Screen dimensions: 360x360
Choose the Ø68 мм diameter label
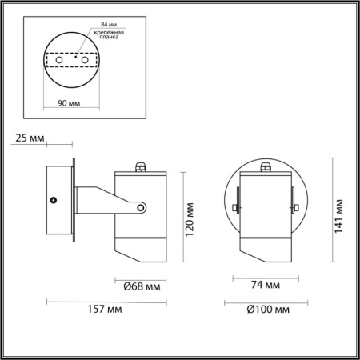click(x=141, y=284)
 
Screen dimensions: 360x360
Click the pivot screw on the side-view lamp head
click(x=141, y=209)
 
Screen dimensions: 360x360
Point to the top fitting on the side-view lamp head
click(x=141, y=167)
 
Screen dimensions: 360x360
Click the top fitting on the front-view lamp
click(x=266, y=166)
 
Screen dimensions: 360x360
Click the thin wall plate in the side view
click(x=74, y=200)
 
